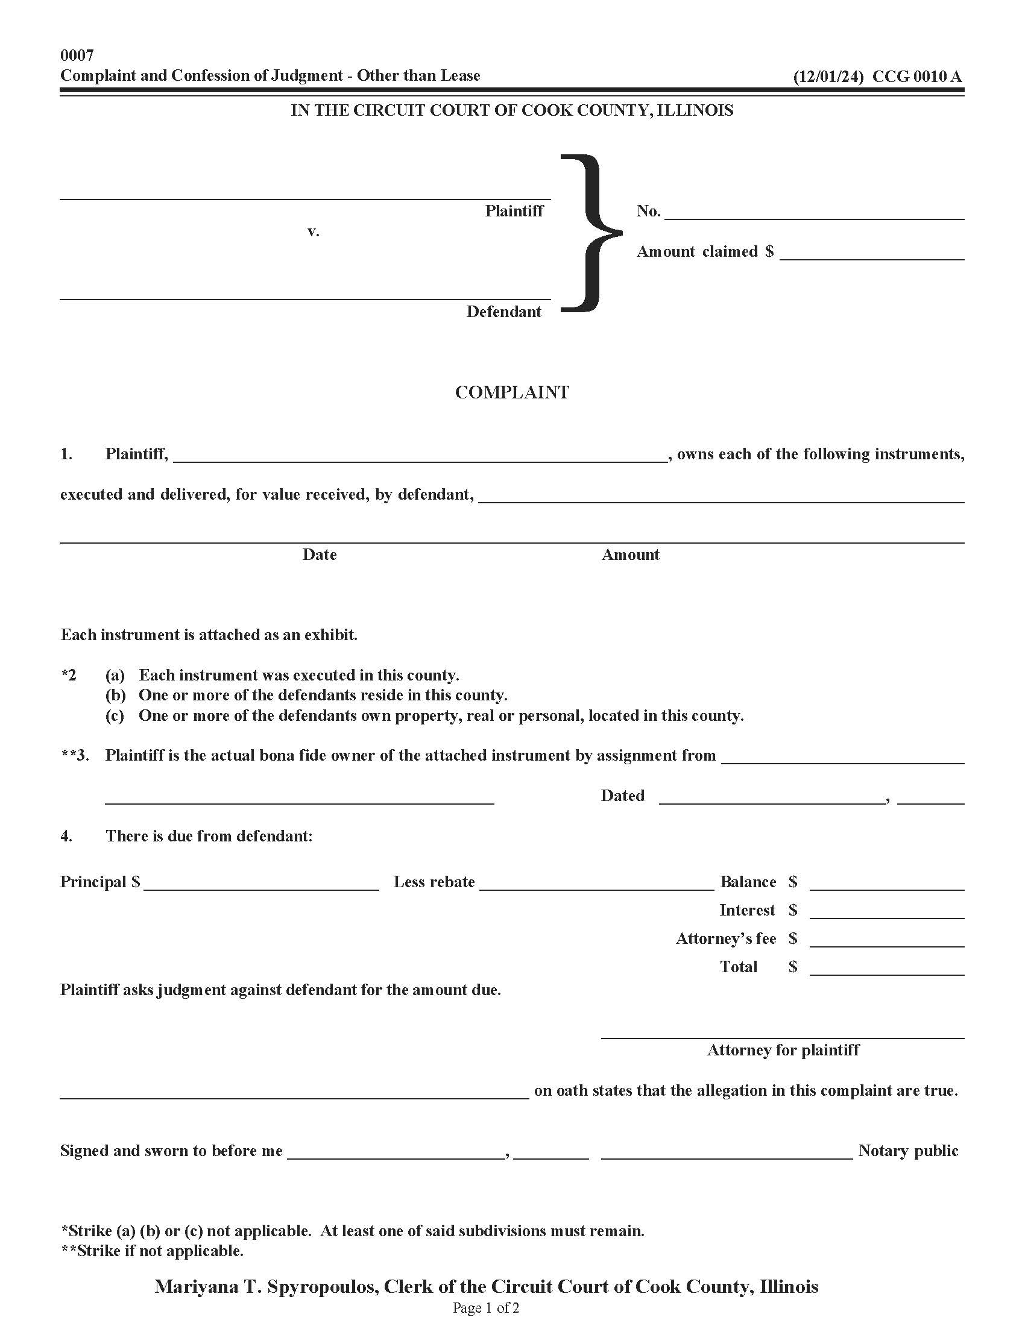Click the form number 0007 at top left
tap(77, 55)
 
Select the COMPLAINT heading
tap(512, 392)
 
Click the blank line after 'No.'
tap(815, 213)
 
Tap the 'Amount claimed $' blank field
tap(871, 253)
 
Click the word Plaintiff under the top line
tap(514, 211)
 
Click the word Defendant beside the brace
tap(503, 312)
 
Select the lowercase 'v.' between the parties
tap(313, 231)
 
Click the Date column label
tap(320, 555)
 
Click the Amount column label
tap(630, 555)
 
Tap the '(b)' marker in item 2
tap(115, 695)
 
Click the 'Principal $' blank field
tap(261, 884)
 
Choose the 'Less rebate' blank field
tap(596, 884)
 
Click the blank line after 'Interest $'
tap(886, 912)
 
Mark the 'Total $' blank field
tap(886, 969)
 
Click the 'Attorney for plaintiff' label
tap(783, 1050)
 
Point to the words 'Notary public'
tap(908, 1151)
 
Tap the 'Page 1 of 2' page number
tap(486, 1308)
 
